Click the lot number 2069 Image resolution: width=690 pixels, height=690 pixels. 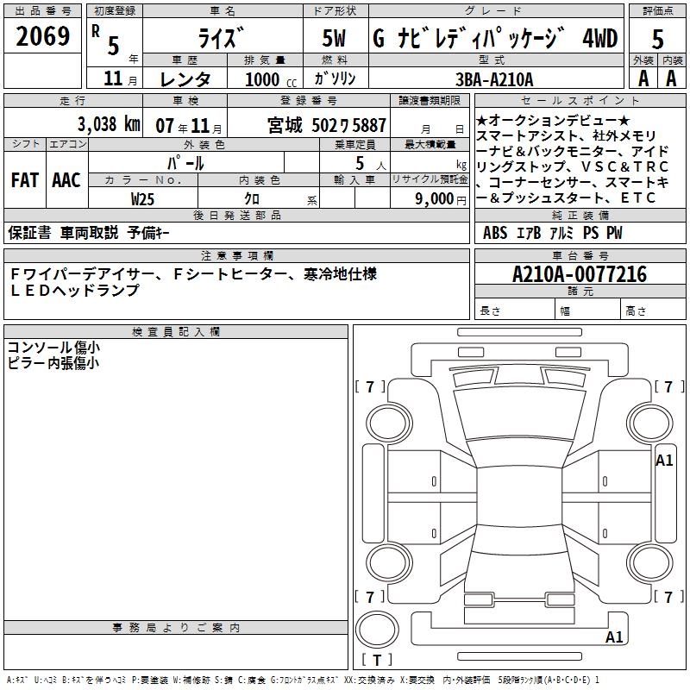(42, 36)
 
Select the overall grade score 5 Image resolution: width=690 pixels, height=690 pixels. (657, 39)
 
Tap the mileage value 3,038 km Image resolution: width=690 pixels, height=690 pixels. (109, 123)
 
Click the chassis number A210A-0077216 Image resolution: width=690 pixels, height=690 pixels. (580, 274)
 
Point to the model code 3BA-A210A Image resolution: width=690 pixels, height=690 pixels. (494, 79)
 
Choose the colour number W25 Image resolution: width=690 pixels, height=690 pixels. (142, 199)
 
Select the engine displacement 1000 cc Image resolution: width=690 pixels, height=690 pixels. (271, 79)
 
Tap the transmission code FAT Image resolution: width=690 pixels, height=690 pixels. (25, 180)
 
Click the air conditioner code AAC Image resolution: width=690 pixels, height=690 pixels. (66, 180)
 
